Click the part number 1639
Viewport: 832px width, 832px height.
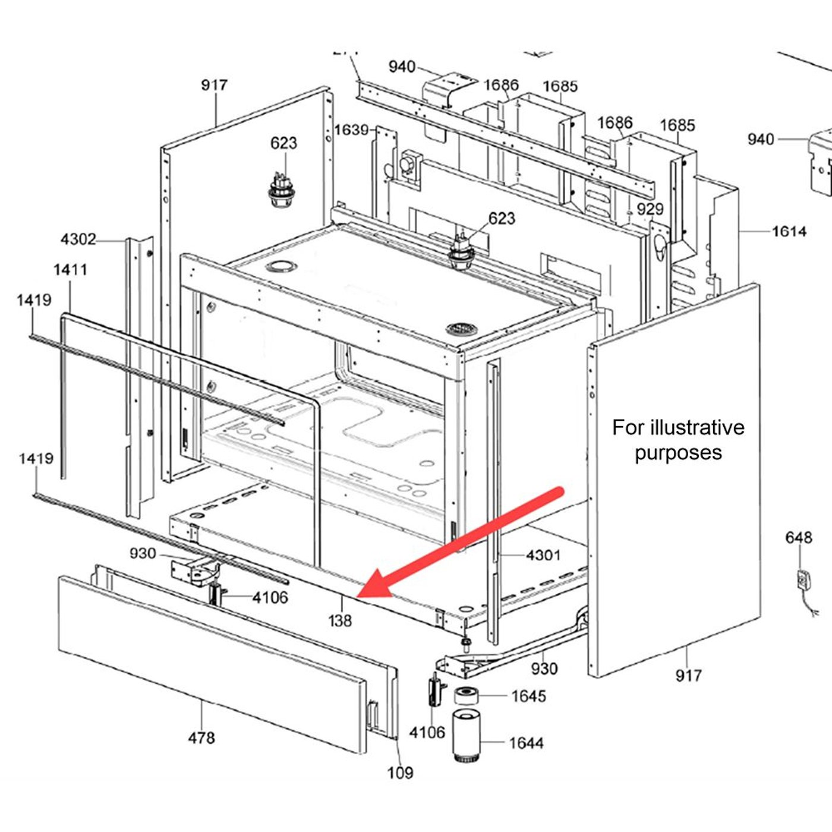[x=351, y=130]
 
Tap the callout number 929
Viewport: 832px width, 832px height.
[x=650, y=209]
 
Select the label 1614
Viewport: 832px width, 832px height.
[x=789, y=232]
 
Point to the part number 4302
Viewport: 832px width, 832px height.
[x=78, y=239]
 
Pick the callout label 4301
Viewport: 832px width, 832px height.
[x=543, y=555]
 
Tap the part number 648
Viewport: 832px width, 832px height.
[x=799, y=538]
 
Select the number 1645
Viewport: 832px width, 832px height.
[x=528, y=696]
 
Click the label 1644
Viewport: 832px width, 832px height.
[x=527, y=743]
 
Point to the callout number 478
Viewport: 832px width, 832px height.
[x=201, y=738]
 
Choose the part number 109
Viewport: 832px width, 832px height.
[x=400, y=773]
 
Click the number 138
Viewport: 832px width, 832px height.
[x=340, y=621]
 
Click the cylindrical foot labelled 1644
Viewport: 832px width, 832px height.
[x=465, y=736]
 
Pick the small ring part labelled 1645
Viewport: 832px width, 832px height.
[x=467, y=695]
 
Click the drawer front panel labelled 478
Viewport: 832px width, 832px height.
[x=212, y=664]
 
